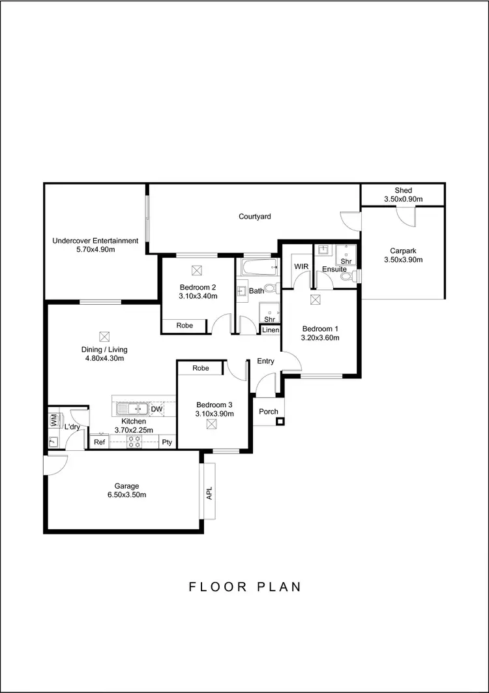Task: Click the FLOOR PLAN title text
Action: [x=245, y=587]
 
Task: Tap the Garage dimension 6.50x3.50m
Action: [x=126, y=495]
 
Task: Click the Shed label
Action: [x=403, y=191]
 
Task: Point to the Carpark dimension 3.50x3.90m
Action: [x=403, y=260]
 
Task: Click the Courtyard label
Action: [x=254, y=217]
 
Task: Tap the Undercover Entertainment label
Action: [x=95, y=241]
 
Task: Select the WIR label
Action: [x=301, y=267]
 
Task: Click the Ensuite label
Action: [x=330, y=269]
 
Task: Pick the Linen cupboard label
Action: [x=271, y=330]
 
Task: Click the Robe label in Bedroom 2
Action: [x=185, y=325]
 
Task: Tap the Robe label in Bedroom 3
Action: [x=201, y=369]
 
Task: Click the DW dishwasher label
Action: [x=156, y=409]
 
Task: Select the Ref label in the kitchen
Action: [x=99, y=442]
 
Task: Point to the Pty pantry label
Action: [x=167, y=442]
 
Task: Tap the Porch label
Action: [x=268, y=412]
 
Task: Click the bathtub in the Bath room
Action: [x=256, y=268]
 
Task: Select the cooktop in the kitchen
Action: [x=134, y=442]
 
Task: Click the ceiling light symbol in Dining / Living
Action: [x=104, y=337]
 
